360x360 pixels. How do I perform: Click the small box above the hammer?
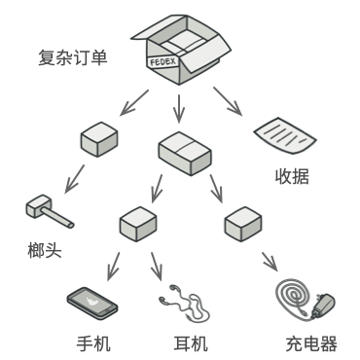click(99, 139)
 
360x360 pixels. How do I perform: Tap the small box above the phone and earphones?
click(138, 223)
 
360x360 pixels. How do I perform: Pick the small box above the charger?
click(240, 224)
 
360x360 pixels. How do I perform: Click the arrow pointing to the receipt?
click(229, 100)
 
